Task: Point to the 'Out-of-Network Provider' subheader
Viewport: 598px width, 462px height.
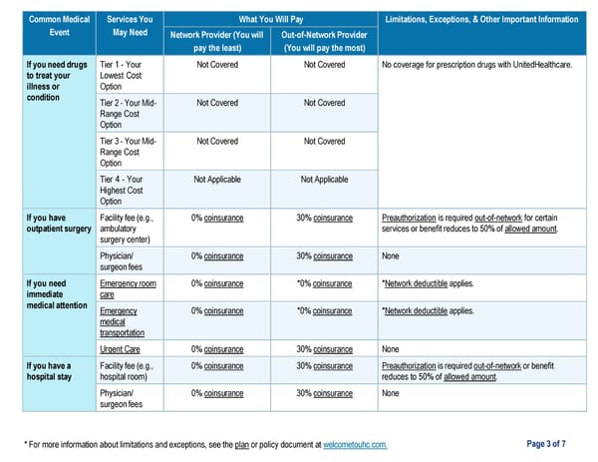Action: (x=324, y=41)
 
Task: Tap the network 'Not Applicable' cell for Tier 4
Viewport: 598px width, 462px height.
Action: (x=216, y=180)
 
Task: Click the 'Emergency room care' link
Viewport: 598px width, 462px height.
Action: (x=128, y=289)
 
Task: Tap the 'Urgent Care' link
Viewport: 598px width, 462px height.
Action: (x=120, y=349)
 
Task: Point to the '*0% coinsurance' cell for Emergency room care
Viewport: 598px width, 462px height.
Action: (x=324, y=283)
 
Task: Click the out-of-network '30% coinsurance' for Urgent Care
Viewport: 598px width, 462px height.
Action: (x=324, y=349)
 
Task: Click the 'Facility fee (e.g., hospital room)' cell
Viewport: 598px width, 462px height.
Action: (x=128, y=371)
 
